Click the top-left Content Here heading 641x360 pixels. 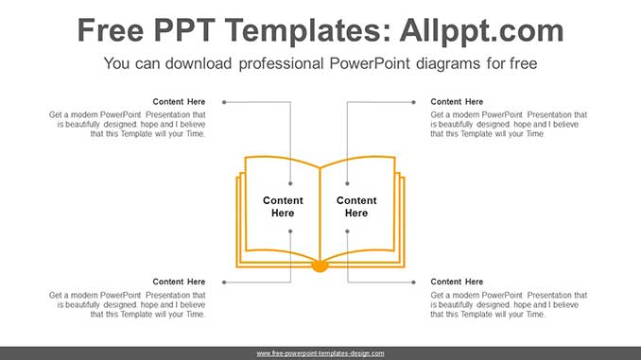click(179, 102)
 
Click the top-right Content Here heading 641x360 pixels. click(457, 102)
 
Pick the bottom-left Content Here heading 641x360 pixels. click(179, 282)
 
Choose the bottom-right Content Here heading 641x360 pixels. click(457, 282)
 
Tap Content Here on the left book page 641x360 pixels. click(283, 207)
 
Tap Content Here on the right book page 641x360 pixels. click(356, 207)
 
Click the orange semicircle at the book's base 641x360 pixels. click(320, 267)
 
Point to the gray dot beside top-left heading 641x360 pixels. click(225, 102)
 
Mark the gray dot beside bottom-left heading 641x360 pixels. click(225, 282)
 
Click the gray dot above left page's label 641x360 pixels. click(291, 183)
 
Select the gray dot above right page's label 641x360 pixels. click(348, 183)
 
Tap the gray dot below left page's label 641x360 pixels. click(291, 231)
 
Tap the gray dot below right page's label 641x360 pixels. click(348, 231)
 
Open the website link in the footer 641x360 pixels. click(320, 353)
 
